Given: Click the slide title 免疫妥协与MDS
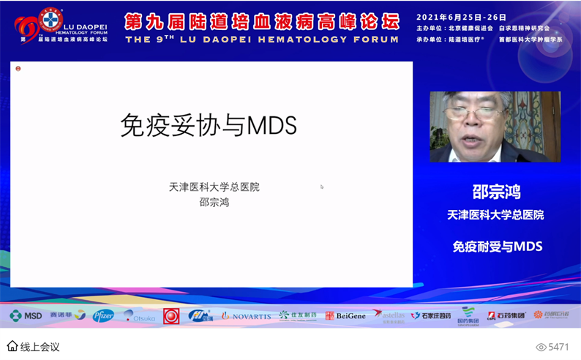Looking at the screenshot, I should pos(209,126).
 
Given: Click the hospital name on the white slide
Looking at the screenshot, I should pos(214,187).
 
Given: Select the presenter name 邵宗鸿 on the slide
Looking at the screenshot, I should pos(214,202).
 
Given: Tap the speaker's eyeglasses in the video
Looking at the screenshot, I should pos(476,113).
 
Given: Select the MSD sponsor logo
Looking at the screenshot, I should pos(26,315).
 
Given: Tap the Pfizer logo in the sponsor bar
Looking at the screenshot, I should pos(103,315).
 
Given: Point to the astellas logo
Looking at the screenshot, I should pos(389,315).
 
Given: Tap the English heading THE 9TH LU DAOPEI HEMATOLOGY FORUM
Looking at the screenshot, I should pos(262,40).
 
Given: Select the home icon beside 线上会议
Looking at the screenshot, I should pos(12,346).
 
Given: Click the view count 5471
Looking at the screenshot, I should pos(558,347).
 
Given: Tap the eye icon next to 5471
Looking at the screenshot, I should pos(541,347).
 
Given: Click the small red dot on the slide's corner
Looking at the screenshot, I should pos(18,69).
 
